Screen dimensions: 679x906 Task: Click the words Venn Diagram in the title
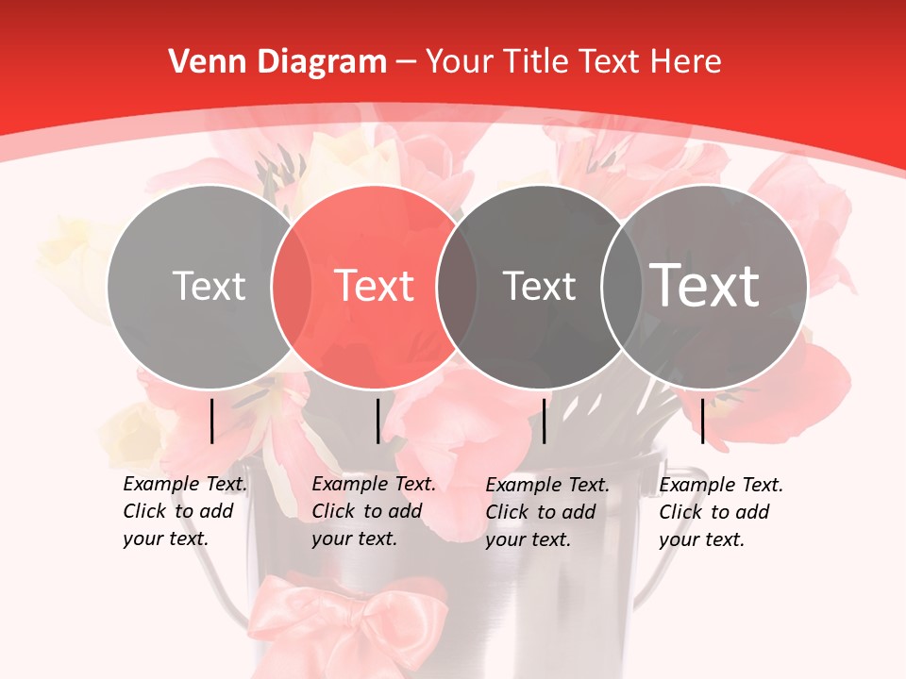coord(277,62)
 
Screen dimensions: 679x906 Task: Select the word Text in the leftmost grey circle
coord(209,286)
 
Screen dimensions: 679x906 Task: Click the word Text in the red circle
coord(375,286)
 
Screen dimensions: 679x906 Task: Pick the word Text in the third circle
coord(539,286)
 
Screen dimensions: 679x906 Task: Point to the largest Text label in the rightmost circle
coord(705,285)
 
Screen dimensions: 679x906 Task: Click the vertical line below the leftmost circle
coord(211,421)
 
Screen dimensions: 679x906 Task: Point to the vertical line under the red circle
coord(377,421)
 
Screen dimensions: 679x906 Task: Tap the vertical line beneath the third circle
coord(544,421)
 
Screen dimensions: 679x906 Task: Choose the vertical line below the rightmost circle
coord(703,421)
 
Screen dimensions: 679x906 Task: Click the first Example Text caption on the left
coord(184,511)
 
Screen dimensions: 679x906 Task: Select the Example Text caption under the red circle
coord(373,511)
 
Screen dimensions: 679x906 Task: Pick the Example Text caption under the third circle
coord(546,512)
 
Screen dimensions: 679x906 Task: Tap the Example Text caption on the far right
coord(720,512)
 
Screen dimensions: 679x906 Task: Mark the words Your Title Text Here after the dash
coord(573,62)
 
